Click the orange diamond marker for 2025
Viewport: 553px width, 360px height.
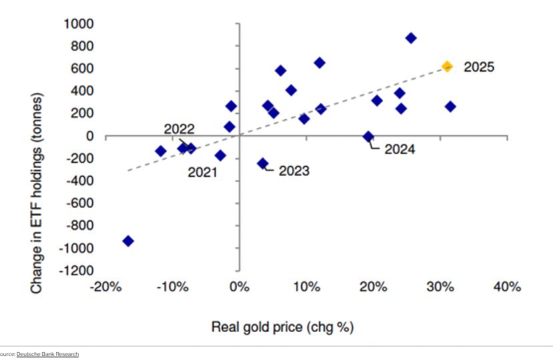447,66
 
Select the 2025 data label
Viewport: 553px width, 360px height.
479,67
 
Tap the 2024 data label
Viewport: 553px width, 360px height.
400,149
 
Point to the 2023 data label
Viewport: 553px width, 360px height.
294,171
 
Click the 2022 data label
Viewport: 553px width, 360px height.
179,129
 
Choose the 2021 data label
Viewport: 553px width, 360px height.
203,172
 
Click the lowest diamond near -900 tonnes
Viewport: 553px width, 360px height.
128,241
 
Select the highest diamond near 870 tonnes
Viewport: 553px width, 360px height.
411,38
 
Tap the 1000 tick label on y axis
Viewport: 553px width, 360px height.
79,24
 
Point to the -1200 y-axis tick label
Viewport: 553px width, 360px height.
76,271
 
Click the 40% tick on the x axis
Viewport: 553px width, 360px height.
506,287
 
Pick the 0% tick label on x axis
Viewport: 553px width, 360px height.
239,287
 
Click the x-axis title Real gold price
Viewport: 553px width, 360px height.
282,327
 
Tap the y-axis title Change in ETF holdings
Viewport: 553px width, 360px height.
37,193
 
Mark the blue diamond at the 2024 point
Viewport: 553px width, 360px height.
368,136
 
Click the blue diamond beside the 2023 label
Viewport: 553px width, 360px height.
263,163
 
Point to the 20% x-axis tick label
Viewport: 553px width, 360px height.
374,287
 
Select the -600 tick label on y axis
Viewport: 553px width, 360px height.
79,203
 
